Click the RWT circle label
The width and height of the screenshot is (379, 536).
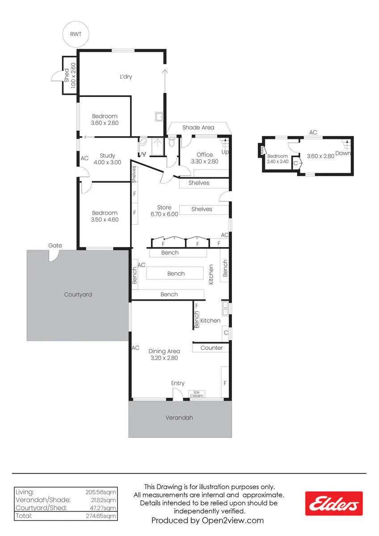76,34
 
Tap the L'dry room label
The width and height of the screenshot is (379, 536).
126,76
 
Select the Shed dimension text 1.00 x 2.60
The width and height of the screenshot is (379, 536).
73,75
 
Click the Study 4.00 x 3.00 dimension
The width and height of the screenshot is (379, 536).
107,162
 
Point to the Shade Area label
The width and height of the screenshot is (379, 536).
198,128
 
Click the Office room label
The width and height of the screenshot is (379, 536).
205,155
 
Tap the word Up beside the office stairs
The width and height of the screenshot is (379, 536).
225,152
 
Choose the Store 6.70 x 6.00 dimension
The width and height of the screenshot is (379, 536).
164,214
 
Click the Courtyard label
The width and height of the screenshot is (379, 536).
78,294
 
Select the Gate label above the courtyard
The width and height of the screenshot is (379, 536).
55,245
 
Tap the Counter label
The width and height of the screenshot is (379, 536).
212,348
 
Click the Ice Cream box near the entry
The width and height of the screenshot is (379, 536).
197,394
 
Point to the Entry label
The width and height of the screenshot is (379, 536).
177,383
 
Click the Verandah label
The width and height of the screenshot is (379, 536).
179,418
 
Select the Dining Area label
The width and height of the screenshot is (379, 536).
164,351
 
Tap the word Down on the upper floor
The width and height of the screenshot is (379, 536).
343,153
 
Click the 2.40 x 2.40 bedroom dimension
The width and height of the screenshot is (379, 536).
278,162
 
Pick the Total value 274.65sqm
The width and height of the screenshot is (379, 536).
101,516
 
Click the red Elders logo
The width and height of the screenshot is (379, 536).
334,503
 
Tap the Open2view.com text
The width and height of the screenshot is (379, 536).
233,520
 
